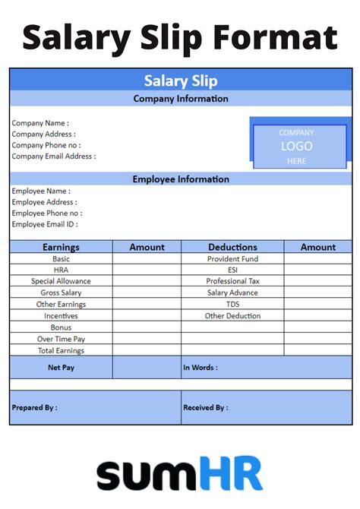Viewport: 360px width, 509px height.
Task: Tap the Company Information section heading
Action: [x=181, y=99]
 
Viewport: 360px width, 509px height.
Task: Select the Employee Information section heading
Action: [x=181, y=179]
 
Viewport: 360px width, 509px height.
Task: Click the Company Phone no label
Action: [x=46, y=145]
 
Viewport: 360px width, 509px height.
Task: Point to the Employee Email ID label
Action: [x=45, y=224]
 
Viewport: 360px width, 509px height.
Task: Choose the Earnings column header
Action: [x=61, y=247]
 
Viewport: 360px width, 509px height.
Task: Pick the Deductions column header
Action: [x=232, y=247]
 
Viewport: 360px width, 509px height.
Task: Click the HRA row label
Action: [x=61, y=270]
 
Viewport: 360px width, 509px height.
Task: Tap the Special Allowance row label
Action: [x=61, y=281]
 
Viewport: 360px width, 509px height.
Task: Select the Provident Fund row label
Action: [x=232, y=259]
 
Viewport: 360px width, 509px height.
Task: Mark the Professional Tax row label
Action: [x=232, y=281]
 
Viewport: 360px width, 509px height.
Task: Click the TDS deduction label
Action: [x=232, y=305]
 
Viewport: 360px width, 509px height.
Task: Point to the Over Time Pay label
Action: [x=61, y=339]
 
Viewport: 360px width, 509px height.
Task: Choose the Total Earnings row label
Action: [x=61, y=350]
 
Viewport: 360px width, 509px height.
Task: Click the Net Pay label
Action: [x=61, y=368]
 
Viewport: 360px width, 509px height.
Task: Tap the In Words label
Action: [x=201, y=368]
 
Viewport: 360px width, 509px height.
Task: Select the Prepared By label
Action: [x=34, y=408]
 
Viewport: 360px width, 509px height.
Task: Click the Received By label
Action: [x=205, y=408]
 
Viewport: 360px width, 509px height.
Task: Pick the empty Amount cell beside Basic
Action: [x=147, y=259]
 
